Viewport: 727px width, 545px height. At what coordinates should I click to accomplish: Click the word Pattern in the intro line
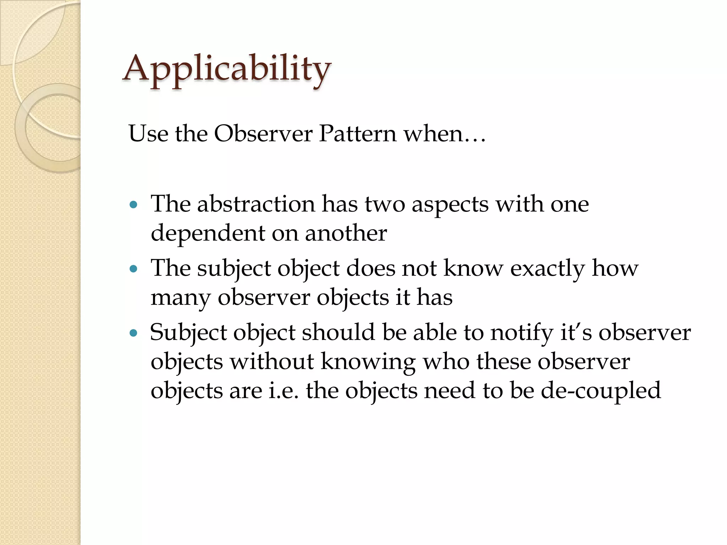click(357, 134)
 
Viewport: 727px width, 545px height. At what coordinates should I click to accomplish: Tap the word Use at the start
click(148, 134)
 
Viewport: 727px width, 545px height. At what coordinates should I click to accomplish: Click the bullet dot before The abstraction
click(133, 205)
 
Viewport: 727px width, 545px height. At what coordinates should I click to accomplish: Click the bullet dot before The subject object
click(133, 269)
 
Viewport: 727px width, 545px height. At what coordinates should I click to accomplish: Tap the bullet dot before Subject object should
click(133, 333)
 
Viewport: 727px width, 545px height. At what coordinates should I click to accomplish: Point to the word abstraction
click(256, 205)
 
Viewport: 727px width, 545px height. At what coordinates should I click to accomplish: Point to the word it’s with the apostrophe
click(576, 333)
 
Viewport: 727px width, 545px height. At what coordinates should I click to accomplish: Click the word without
click(272, 362)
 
